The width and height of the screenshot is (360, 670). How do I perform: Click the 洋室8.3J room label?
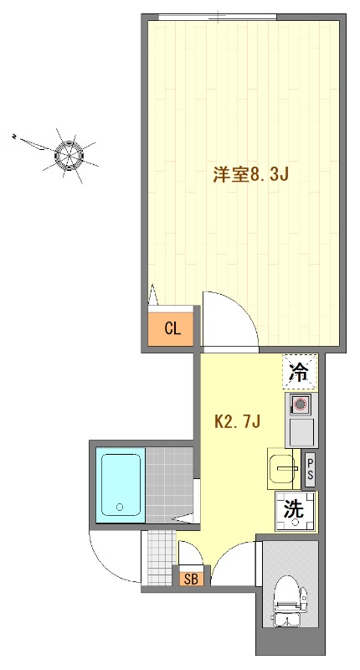(x=250, y=175)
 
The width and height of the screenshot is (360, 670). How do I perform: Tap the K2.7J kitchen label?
(x=239, y=421)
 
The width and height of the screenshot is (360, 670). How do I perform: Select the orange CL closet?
(x=172, y=327)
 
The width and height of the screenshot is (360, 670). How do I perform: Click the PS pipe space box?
(x=310, y=470)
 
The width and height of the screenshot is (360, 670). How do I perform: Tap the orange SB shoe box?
(x=189, y=578)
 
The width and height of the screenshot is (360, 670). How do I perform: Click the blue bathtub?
(x=121, y=485)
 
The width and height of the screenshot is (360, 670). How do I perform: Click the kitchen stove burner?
(x=300, y=406)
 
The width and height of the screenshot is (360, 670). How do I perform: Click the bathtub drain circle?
(x=120, y=507)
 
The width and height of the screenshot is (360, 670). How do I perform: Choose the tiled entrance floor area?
(x=158, y=558)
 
